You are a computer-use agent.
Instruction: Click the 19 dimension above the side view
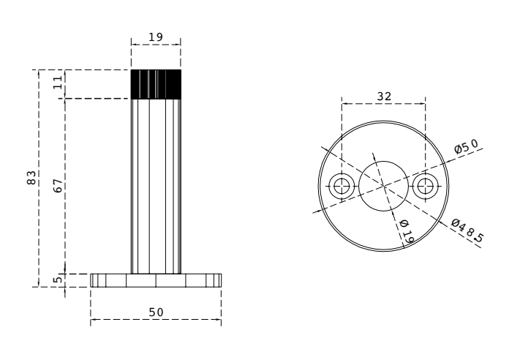pyautogui.click(x=156, y=37)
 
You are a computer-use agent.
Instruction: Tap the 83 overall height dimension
pyautogui.click(x=31, y=177)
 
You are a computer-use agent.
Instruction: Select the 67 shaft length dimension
pyautogui.click(x=58, y=186)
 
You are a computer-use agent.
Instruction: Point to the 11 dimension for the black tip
pyautogui.click(x=58, y=82)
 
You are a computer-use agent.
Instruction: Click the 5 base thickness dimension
pyautogui.click(x=58, y=280)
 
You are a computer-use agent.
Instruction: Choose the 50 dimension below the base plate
pyautogui.click(x=157, y=312)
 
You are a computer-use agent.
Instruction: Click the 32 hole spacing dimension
pyautogui.click(x=384, y=97)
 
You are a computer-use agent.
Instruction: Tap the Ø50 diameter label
pyautogui.click(x=466, y=146)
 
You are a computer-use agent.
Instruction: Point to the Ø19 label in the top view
pyautogui.click(x=407, y=232)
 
